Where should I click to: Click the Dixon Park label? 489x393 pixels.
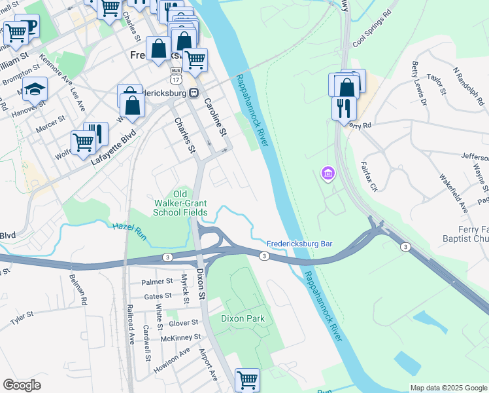pyautogui.click(x=242, y=319)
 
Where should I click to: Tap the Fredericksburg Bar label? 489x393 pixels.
pyautogui.click(x=299, y=244)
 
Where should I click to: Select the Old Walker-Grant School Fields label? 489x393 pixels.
pyautogui.click(x=180, y=203)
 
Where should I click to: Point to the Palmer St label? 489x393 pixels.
pyautogui.click(x=158, y=282)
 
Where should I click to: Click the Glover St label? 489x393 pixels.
pyautogui.click(x=183, y=323)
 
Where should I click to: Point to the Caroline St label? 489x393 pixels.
pyautogui.click(x=215, y=118)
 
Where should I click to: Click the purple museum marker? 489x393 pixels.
pyautogui.click(x=327, y=174)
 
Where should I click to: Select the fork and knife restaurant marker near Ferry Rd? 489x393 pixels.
pyautogui.click(x=344, y=107)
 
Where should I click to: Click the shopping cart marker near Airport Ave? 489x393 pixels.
pyautogui.click(x=247, y=379)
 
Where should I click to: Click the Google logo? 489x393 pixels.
pyautogui.click(x=22, y=385)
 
